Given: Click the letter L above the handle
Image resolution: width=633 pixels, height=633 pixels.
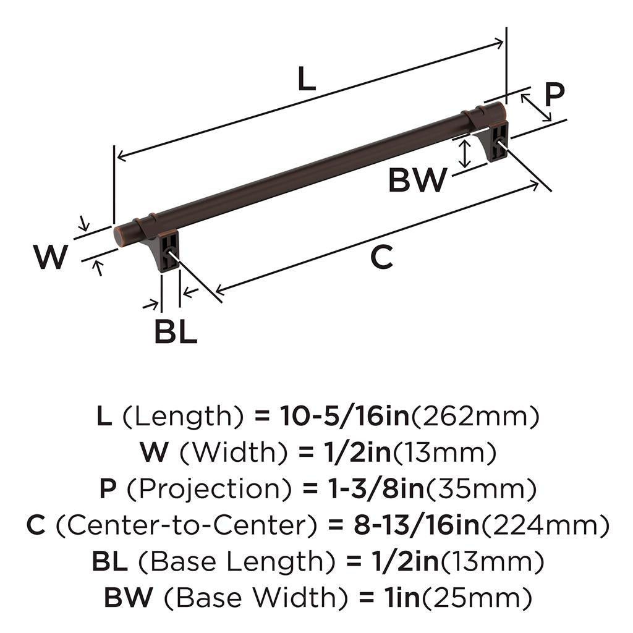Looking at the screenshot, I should (x=307, y=79).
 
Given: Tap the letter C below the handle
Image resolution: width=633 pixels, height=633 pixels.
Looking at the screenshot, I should (x=381, y=257).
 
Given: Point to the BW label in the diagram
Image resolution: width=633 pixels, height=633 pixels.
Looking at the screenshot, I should (x=417, y=181).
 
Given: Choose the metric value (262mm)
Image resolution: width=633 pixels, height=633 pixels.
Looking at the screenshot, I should (x=475, y=417).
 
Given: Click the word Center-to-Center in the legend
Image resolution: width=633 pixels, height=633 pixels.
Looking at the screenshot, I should (x=187, y=526).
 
